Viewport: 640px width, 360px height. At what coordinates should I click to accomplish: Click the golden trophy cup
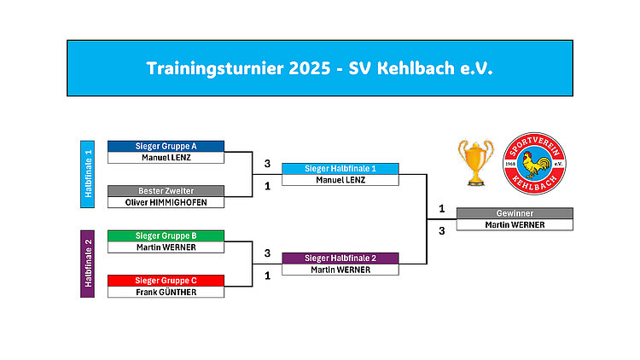coord(475,163)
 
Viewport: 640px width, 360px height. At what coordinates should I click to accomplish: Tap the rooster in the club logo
coord(535,164)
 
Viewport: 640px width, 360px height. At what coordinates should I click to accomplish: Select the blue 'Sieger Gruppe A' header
coord(166,146)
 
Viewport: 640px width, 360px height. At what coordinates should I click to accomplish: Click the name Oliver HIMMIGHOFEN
coord(166,202)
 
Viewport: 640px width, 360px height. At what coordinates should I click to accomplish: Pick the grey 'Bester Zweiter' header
coord(166,191)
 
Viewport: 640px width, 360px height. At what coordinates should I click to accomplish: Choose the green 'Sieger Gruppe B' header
coord(166,236)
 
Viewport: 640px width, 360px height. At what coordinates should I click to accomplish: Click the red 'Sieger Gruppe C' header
coord(166,281)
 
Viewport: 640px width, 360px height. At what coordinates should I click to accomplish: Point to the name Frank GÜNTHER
coord(166,293)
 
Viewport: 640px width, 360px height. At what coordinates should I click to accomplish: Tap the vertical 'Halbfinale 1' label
coord(87,174)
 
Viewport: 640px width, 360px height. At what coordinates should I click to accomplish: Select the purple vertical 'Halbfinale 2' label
coord(87,264)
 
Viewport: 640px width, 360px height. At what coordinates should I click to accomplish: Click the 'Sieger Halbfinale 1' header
coord(340,169)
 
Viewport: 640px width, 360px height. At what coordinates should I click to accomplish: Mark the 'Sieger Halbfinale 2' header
coord(340,258)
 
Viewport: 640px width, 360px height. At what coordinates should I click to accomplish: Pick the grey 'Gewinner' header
coord(515,213)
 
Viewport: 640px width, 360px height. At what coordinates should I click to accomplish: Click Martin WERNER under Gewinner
coord(515,225)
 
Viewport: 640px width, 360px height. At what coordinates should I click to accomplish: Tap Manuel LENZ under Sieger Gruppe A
coord(166,158)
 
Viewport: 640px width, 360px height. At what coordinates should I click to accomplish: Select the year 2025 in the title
coord(310,68)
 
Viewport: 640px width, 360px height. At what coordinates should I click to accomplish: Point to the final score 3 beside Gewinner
coord(442,231)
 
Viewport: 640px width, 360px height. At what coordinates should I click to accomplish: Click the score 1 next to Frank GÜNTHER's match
coord(267,276)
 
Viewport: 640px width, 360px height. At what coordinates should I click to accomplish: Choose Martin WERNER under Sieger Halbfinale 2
coord(340,270)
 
